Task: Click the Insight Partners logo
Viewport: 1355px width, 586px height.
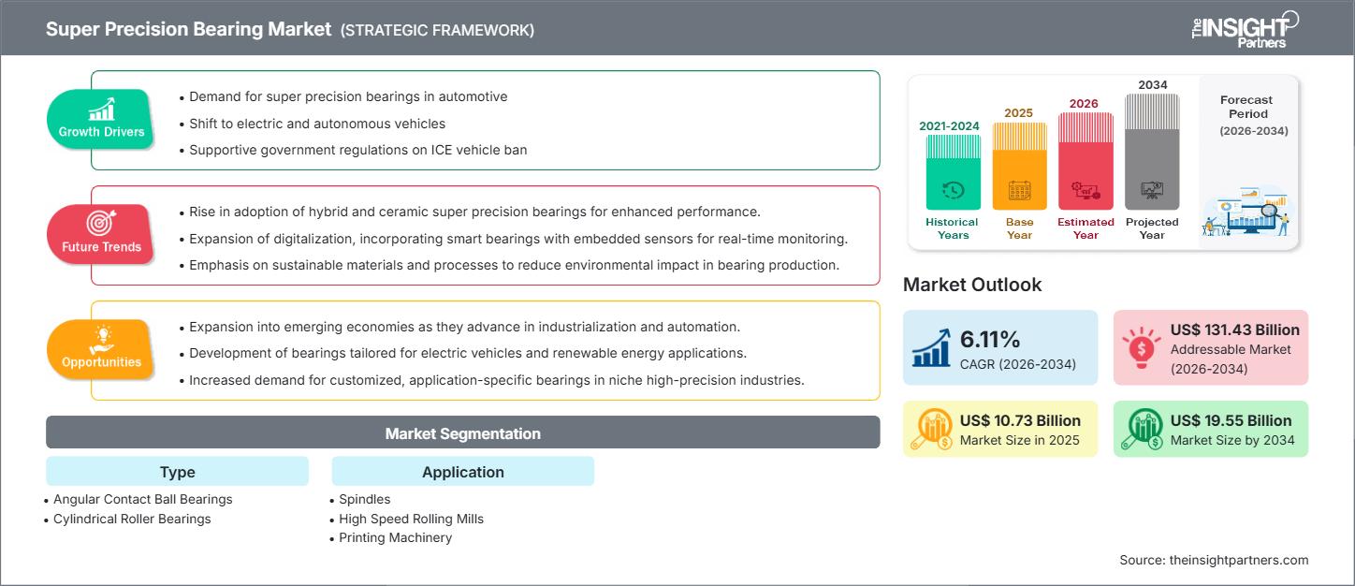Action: point(1244,29)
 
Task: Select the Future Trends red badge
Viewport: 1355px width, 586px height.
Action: point(101,233)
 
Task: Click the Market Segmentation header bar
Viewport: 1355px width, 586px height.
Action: point(462,433)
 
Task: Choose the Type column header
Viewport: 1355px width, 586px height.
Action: point(177,472)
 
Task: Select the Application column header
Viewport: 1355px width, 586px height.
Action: point(462,472)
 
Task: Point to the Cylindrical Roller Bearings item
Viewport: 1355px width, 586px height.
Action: point(132,519)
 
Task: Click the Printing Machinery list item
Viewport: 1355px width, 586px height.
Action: point(395,537)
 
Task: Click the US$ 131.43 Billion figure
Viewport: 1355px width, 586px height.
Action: point(1234,330)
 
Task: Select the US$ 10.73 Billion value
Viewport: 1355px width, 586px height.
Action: point(1020,420)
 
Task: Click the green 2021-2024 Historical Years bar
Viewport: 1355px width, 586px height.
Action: point(953,172)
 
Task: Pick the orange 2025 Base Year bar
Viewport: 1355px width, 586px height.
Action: point(1019,167)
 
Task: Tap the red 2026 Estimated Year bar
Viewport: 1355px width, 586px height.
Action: point(1085,161)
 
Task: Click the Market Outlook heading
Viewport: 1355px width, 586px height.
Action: point(972,285)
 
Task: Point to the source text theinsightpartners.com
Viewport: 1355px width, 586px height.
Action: point(1214,560)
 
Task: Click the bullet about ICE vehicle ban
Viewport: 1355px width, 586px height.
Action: point(357,149)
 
